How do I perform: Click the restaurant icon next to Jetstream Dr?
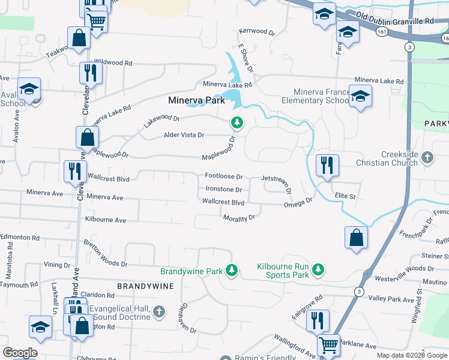click(x=327, y=165)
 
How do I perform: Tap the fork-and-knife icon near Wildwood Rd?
click(x=91, y=73)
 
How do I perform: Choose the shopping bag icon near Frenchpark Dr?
click(x=356, y=236)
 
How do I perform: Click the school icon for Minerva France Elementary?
click(x=360, y=95)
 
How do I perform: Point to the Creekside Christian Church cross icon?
click(x=427, y=157)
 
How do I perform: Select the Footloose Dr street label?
click(x=223, y=176)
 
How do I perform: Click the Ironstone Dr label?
click(x=223, y=189)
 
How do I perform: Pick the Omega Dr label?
click(x=298, y=203)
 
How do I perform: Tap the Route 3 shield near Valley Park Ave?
click(x=358, y=292)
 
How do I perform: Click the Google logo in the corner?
click(x=19, y=353)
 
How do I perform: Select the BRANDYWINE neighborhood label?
click(x=145, y=287)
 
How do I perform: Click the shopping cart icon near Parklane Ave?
click(x=328, y=345)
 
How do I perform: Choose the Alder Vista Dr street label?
click(x=184, y=135)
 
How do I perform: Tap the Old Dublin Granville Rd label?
click(x=394, y=21)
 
